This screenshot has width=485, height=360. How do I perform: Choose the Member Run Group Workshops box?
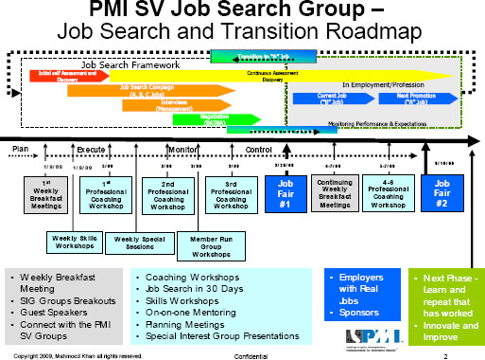pyautogui.click(x=201, y=243)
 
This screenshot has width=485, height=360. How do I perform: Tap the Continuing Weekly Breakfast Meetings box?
pyautogui.click(x=335, y=193)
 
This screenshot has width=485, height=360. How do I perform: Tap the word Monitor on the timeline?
pyautogui.click(x=181, y=149)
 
